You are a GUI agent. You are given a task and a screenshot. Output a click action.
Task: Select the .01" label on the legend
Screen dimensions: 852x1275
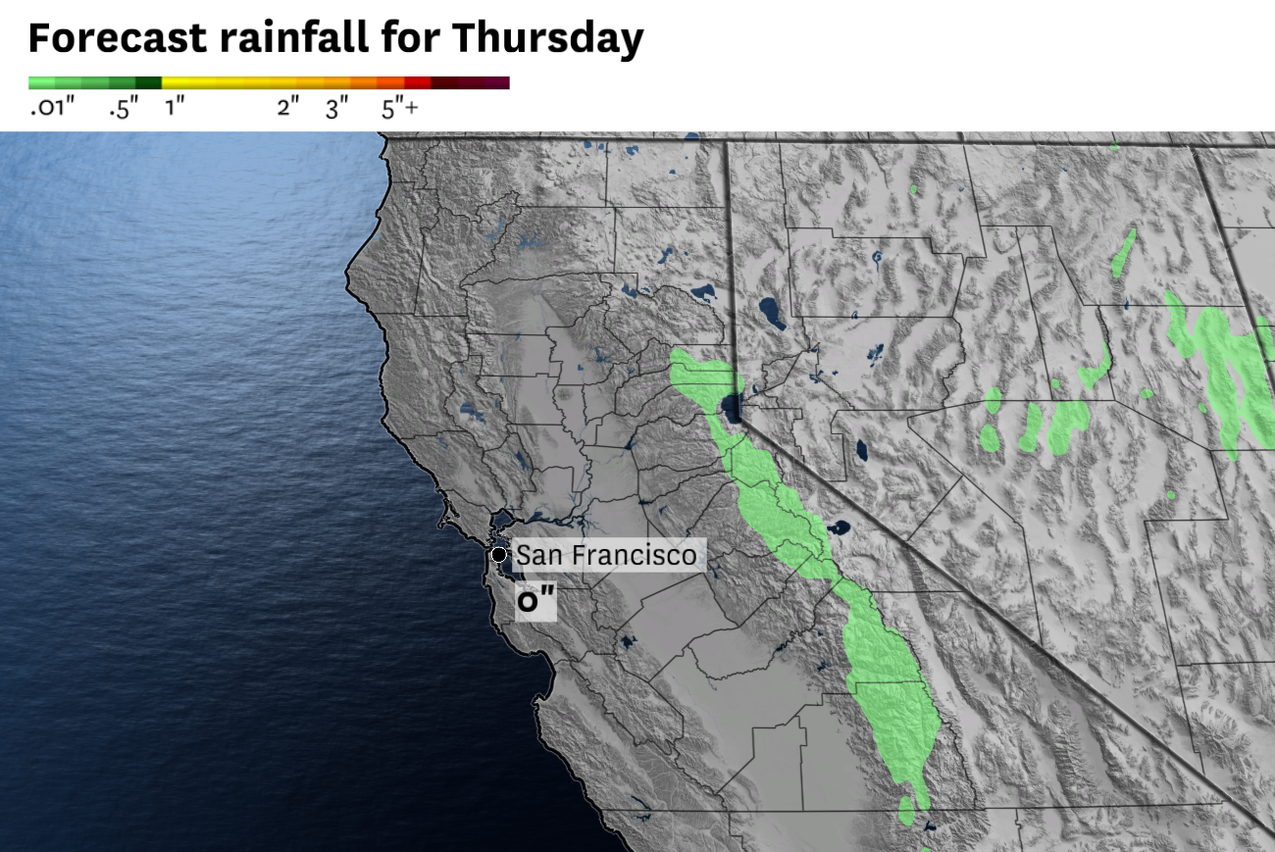click(52, 109)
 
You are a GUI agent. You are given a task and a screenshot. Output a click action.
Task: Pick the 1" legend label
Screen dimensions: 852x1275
click(175, 109)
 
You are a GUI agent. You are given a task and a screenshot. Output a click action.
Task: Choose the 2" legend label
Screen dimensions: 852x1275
click(287, 109)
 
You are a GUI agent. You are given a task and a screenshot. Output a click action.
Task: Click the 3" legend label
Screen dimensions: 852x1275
click(336, 109)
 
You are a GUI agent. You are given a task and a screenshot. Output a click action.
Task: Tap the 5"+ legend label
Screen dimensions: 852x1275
click(399, 109)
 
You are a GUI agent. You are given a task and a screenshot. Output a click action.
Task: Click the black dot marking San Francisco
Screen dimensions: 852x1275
click(499, 555)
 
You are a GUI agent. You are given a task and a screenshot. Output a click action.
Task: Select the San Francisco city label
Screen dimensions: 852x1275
click(606, 555)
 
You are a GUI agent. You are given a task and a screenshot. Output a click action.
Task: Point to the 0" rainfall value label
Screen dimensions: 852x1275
click(530, 601)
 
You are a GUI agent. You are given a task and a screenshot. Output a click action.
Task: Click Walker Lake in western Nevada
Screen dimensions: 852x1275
click(861, 450)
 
